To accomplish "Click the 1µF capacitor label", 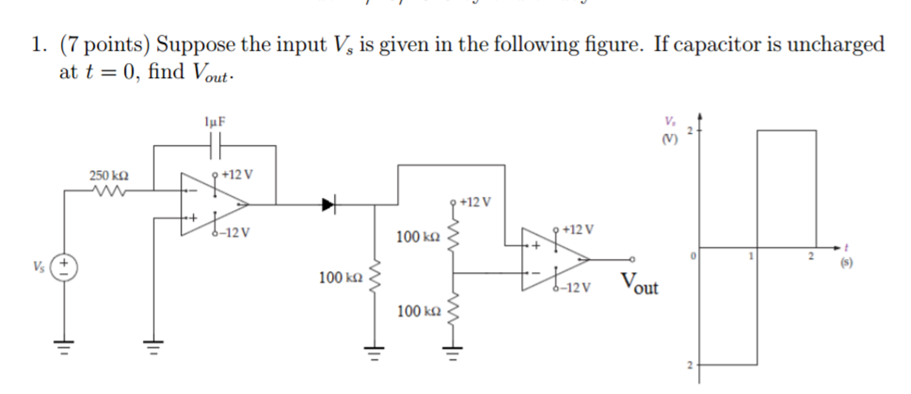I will (x=215, y=122).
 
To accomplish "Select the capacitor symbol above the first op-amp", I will (x=215, y=146).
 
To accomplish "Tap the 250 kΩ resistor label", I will (x=109, y=176).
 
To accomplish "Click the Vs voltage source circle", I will (x=64, y=267).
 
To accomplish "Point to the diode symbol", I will (x=329, y=205).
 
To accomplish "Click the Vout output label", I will (x=639, y=284).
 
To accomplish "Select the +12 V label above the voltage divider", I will (x=475, y=202).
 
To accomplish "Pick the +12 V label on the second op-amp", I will (x=578, y=230).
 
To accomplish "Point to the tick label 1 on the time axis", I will (x=751, y=256).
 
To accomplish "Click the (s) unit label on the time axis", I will (x=846, y=263).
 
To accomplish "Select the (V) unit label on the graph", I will (x=669, y=140).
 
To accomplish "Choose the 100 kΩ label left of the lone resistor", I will (x=341, y=278).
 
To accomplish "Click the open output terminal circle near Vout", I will (x=632, y=259).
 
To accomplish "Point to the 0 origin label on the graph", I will (x=693, y=256).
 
